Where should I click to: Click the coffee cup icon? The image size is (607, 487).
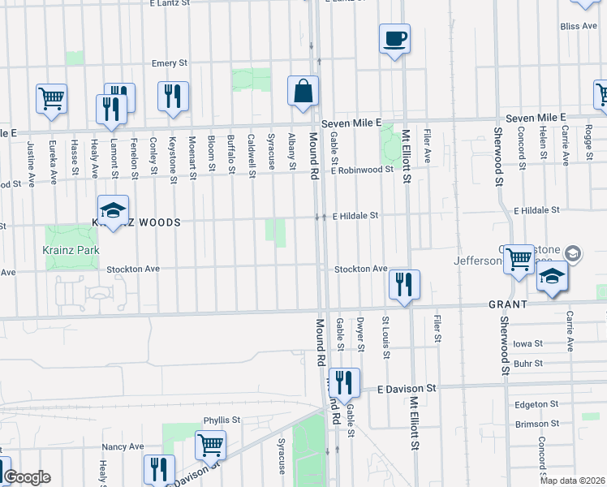pos(394,38)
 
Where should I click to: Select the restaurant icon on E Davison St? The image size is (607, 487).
pos(345,382)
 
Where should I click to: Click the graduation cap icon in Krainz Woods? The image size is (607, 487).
pos(114,210)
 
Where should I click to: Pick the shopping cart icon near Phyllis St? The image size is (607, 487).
pos(210,444)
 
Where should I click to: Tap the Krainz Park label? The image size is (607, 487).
pos(71,250)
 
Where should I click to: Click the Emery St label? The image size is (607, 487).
pos(170,62)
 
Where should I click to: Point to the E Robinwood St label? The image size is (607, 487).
pos(361,170)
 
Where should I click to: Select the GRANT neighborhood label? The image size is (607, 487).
pos(508,304)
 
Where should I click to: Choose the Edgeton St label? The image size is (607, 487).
pos(536,403)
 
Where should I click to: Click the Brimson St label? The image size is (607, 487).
pos(536,424)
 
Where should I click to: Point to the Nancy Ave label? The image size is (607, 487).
pos(123,446)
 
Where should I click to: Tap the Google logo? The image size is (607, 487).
pos(26,477)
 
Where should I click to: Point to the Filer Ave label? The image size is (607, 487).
pos(428,142)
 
